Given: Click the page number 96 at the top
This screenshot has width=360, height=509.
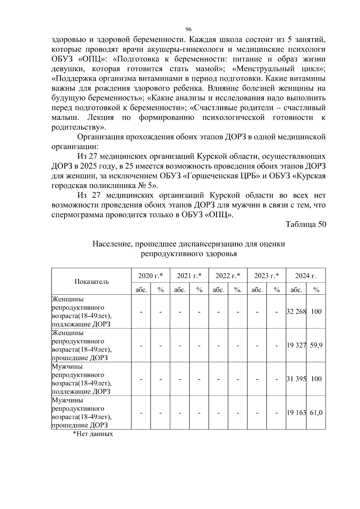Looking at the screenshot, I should coord(188,29).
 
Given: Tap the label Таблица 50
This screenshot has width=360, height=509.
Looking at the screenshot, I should coord(306,225).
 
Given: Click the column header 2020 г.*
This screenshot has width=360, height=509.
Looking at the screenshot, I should coord(150,276).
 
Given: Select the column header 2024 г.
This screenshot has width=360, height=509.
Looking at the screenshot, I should coord(305,276).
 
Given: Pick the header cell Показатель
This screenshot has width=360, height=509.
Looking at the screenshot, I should coord(91,282).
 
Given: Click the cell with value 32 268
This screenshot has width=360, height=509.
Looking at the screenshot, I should coord(296,312).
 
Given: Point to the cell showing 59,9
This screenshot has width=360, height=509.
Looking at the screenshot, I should coord(316,345).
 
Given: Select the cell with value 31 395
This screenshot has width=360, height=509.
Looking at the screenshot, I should coord(296,379).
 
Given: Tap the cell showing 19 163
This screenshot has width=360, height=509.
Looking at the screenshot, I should coord(296,413).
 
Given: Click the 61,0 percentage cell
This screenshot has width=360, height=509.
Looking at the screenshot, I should coord(316,413).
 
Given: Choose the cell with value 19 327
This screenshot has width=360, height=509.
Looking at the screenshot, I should coord(296,345).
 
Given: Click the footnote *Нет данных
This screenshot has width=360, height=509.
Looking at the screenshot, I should coord(93,434).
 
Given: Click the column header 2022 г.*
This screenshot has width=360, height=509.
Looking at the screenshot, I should coord(228,276).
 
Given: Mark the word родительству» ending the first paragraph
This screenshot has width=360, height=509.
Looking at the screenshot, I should coord(79,127).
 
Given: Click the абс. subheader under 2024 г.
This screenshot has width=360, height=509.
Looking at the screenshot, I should coord(296,290).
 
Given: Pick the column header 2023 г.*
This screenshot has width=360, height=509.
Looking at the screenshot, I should coord(266,276).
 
